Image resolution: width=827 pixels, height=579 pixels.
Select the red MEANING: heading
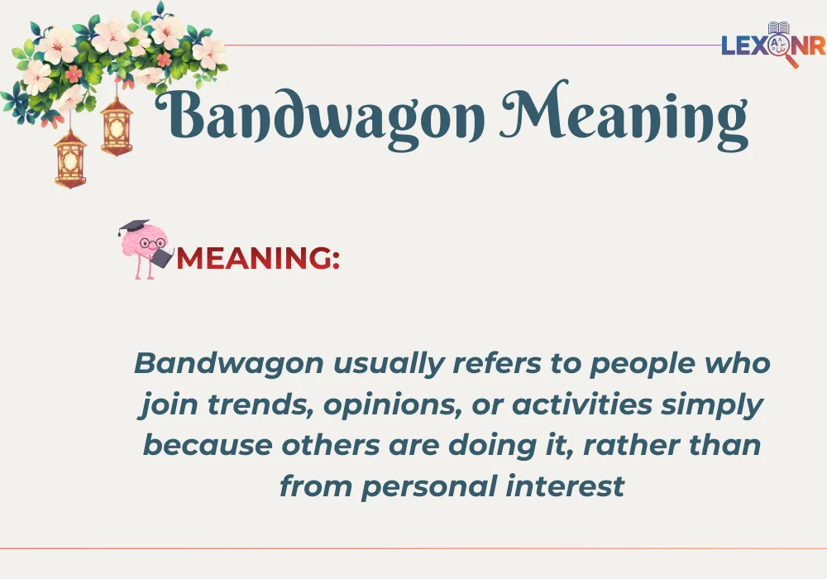click(x=259, y=258)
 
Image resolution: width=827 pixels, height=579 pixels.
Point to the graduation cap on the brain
click(x=133, y=227)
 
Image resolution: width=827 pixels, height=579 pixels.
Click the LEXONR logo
click(x=772, y=45)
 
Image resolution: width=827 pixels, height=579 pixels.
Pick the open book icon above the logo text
click(x=778, y=29)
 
